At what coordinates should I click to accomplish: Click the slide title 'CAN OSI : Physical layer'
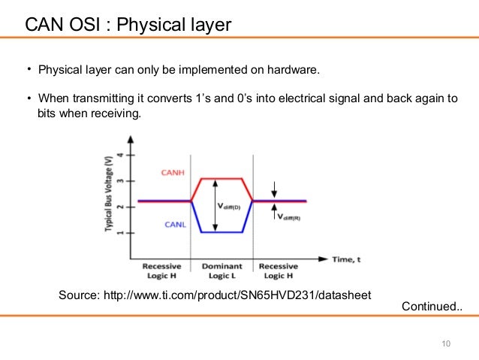(128, 26)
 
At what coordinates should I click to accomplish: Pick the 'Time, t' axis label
(347, 259)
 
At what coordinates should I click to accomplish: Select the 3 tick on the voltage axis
(124, 181)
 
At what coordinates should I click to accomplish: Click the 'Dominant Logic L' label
(222, 271)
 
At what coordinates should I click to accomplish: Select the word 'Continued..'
(432, 307)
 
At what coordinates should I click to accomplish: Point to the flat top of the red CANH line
(221, 178)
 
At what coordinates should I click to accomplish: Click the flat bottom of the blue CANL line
(221, 231)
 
